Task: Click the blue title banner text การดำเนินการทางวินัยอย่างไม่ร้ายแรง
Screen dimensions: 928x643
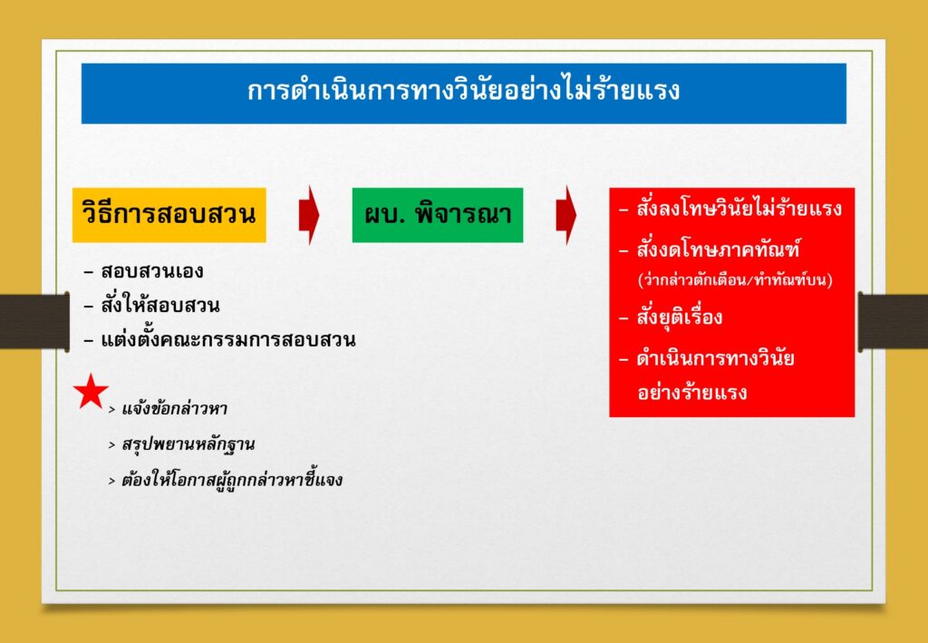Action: [x=463, y=92]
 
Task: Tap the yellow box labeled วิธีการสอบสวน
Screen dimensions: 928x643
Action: [x=169, y=215]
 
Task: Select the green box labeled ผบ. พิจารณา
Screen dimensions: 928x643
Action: [x=438, y=215]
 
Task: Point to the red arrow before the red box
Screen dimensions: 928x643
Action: [x=565, y=215]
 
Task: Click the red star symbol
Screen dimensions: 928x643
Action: [x=91, y=392]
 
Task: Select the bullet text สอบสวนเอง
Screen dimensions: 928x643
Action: [x=152, y=272]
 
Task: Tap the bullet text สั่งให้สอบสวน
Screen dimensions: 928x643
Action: [x=160, y=305]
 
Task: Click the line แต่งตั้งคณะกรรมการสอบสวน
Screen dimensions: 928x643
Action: [x=228, y=339]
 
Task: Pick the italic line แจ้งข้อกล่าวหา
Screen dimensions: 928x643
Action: [x=175, y=409]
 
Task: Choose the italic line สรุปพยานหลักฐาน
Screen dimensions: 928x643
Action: [x=188, y=444]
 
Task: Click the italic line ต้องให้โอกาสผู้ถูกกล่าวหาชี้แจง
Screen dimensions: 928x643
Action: [x=232, y=479]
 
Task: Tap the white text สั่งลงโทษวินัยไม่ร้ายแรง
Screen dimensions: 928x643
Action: [x=739, y=208]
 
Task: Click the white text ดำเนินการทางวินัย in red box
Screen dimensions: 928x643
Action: [x=716, y=358]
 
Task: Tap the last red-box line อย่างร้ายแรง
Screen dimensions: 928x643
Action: [x=692, y=392]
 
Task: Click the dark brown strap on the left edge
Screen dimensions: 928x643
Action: [x=34, y=322]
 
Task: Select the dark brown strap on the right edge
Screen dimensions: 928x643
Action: [x=893, y=322]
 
